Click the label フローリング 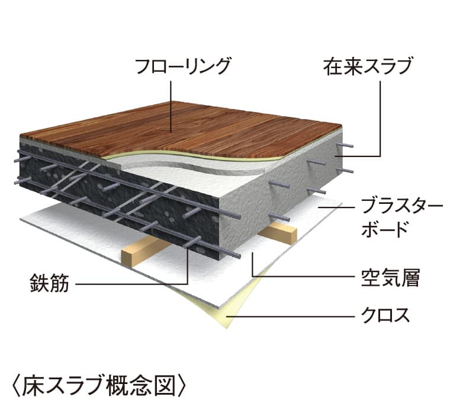click(182, 66)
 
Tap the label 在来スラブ click(367, 66)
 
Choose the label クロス click(385, 315)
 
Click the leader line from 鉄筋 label click(130, 284)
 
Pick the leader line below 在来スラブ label click(379, 119)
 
